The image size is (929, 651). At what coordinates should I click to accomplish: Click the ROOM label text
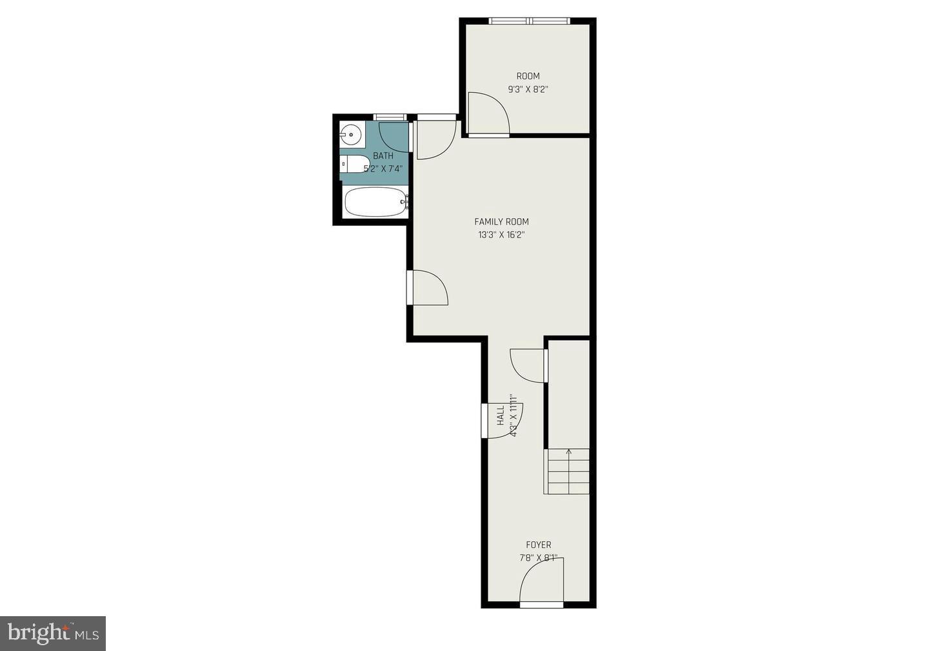click(528, 76)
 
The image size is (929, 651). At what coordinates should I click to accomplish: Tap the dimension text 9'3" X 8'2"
click(528, 90)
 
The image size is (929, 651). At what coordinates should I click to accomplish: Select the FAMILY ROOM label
click(501, 222)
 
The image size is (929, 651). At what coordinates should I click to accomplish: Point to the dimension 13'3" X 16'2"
click(501, 235)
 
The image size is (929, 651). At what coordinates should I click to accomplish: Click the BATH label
click(383, 156)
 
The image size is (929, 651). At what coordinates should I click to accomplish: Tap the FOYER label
click(538, 545)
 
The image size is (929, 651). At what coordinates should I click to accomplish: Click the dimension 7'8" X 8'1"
click(538, 558)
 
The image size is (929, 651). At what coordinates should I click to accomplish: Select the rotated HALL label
click(501, 416)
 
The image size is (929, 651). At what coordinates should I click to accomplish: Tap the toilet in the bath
click(354, 165)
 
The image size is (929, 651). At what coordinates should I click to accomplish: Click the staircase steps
click(568, 472)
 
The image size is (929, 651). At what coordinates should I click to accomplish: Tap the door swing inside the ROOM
click(487, 114)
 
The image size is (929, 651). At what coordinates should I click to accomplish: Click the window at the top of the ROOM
click(530, 21)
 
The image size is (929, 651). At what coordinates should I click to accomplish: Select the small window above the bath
click(390, 117)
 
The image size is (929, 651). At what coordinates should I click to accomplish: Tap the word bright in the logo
click(38, 634)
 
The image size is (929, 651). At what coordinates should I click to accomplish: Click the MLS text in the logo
click(88, 634)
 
